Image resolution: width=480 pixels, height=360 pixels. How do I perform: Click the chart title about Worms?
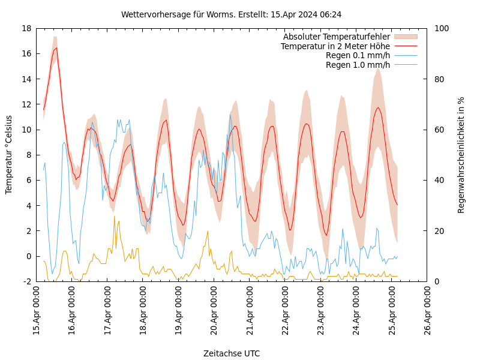[231, 14]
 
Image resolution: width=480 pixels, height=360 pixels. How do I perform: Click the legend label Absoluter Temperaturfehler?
[336, 37]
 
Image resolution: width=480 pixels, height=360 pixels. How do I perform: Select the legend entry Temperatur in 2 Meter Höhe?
[335, 46]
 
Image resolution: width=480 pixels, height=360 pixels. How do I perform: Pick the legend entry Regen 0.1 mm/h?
[358, 55]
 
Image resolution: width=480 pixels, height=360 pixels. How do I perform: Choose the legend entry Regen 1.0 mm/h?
[358, 65]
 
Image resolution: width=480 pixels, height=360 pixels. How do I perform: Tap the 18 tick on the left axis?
[26, 28]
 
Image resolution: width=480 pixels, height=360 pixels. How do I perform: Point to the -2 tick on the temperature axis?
[26, 281]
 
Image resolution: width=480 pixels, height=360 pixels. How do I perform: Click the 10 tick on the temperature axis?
[26, 130]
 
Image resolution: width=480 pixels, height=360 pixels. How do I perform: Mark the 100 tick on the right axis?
[441, 28]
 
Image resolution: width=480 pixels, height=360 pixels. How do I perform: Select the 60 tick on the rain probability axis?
[439, 130]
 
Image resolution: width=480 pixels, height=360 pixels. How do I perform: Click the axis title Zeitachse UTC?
[232, 353]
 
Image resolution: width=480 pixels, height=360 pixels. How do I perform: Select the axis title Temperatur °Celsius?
[9, 155]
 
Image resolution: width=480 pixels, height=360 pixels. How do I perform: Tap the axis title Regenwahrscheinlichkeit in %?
[461, 155]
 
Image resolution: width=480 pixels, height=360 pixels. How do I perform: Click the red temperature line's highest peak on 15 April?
[56, 48]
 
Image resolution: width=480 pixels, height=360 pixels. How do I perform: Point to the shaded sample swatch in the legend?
[406, 37]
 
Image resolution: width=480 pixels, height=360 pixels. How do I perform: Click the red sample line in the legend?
[406, 46]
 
